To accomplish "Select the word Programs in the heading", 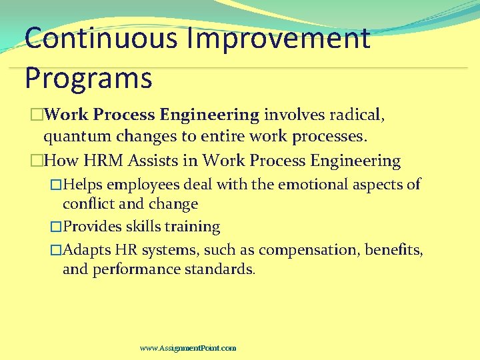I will click(x=89, y=77).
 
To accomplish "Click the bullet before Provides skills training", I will click(x=56, y=227).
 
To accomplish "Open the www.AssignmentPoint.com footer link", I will click(x=188, y=348).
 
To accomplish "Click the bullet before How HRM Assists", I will click(x=37, y=161).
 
